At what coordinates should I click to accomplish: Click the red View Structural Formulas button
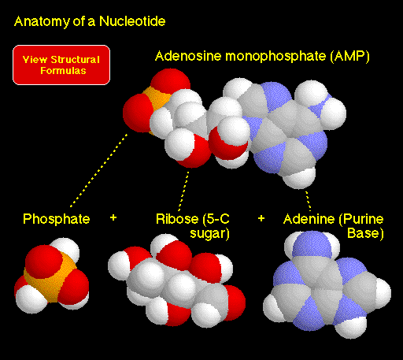coord(61,65)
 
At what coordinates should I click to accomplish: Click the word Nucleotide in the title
coord(132,21)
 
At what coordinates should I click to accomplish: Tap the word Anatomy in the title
coord(42,22)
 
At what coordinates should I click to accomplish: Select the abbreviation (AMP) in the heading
coord(349,57)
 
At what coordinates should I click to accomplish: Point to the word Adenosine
coord(188,56)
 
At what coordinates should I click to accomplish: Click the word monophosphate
coord(275,57)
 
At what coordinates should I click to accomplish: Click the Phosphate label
coord(57,219)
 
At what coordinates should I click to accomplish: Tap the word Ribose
coord(177,219)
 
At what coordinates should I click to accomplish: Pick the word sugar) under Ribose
coord(209,234)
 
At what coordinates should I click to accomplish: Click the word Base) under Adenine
coord(365,233)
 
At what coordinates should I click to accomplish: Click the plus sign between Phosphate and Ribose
coord(113,217)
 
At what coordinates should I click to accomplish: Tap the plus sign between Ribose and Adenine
coord(261,218)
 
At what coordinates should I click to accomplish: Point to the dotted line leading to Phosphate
coord(99,170)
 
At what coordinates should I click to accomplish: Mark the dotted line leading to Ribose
coord(183,191)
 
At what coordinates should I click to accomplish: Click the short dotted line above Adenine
coord(309,201)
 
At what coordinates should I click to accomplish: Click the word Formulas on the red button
coord(63,71)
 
